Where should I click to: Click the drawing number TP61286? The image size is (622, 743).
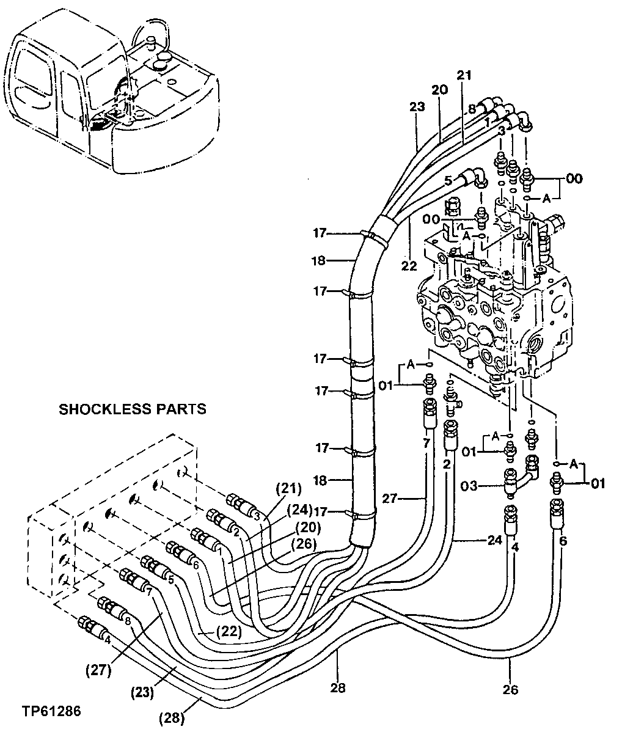(51, 711)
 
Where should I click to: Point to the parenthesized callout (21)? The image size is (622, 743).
(288, 488)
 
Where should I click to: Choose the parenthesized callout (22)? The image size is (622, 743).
(229, 632)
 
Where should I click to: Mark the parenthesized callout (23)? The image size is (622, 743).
(143, 694)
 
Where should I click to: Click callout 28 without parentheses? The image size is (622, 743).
(337, 688)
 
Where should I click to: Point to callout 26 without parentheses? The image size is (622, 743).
(510, 690)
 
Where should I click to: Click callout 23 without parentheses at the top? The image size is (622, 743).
(417, 107)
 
